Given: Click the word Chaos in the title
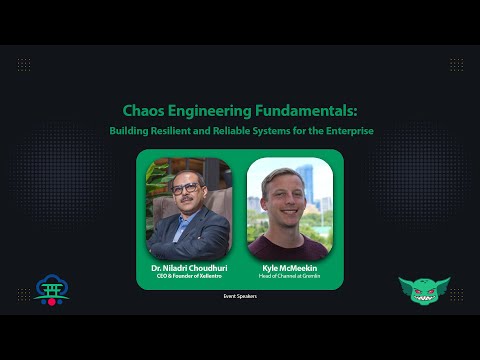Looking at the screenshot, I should [143, 111].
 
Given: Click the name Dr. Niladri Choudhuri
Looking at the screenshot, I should [189, 269].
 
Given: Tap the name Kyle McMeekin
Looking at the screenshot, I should [289, 269].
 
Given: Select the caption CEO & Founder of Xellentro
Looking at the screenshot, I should [189, 277].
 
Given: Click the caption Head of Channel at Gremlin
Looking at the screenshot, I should [289, 277].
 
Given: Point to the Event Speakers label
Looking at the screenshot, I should [240, 296].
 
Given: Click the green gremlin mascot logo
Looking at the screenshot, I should [424, 291].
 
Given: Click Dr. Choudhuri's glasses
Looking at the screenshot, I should [185, 188].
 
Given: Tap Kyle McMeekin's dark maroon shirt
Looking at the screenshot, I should [289, 248].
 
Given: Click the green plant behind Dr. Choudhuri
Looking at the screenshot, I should [155, 180].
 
